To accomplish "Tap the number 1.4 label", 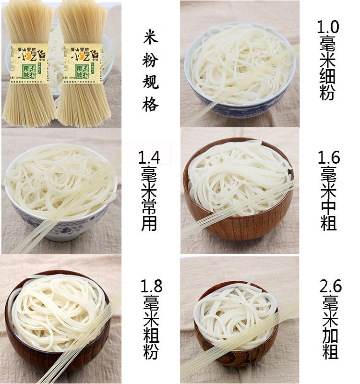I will point(149,157).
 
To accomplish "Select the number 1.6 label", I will point(329,157).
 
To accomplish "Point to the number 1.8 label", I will point(150,286).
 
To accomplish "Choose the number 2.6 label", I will point(330,287).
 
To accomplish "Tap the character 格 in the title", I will point(150,104).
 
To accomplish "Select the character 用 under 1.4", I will point(149,223).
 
